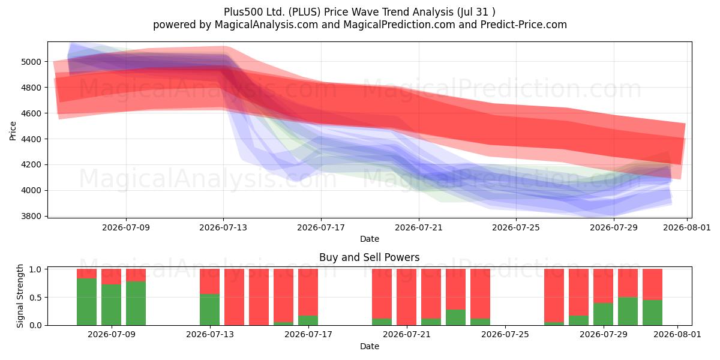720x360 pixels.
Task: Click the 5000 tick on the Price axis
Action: (31, 62)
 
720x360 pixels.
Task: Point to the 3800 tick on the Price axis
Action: (31, 217)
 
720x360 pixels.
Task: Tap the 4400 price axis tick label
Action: (31, 139)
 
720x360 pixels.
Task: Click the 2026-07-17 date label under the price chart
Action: (321, 227)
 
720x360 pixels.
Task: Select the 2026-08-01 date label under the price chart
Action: (687, 227)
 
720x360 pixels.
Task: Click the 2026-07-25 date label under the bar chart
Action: (505, 334)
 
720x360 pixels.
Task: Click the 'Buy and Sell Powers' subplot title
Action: (370, 257)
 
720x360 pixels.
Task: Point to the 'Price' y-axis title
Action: (13, 131)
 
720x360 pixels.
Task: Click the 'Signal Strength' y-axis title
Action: (20, 296)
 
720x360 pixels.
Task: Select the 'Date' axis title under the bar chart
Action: (370, 346)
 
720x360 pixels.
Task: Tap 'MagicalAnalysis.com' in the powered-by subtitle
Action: (266, 25)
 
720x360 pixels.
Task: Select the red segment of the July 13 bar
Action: (209, 281)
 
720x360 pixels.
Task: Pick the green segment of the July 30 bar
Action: (628, 311)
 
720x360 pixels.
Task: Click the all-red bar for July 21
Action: (406, 297)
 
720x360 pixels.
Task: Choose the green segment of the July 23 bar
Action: (455, 317)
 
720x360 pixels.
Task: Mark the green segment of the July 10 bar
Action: (136, 304)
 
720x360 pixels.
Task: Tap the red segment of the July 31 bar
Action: (653, 284)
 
